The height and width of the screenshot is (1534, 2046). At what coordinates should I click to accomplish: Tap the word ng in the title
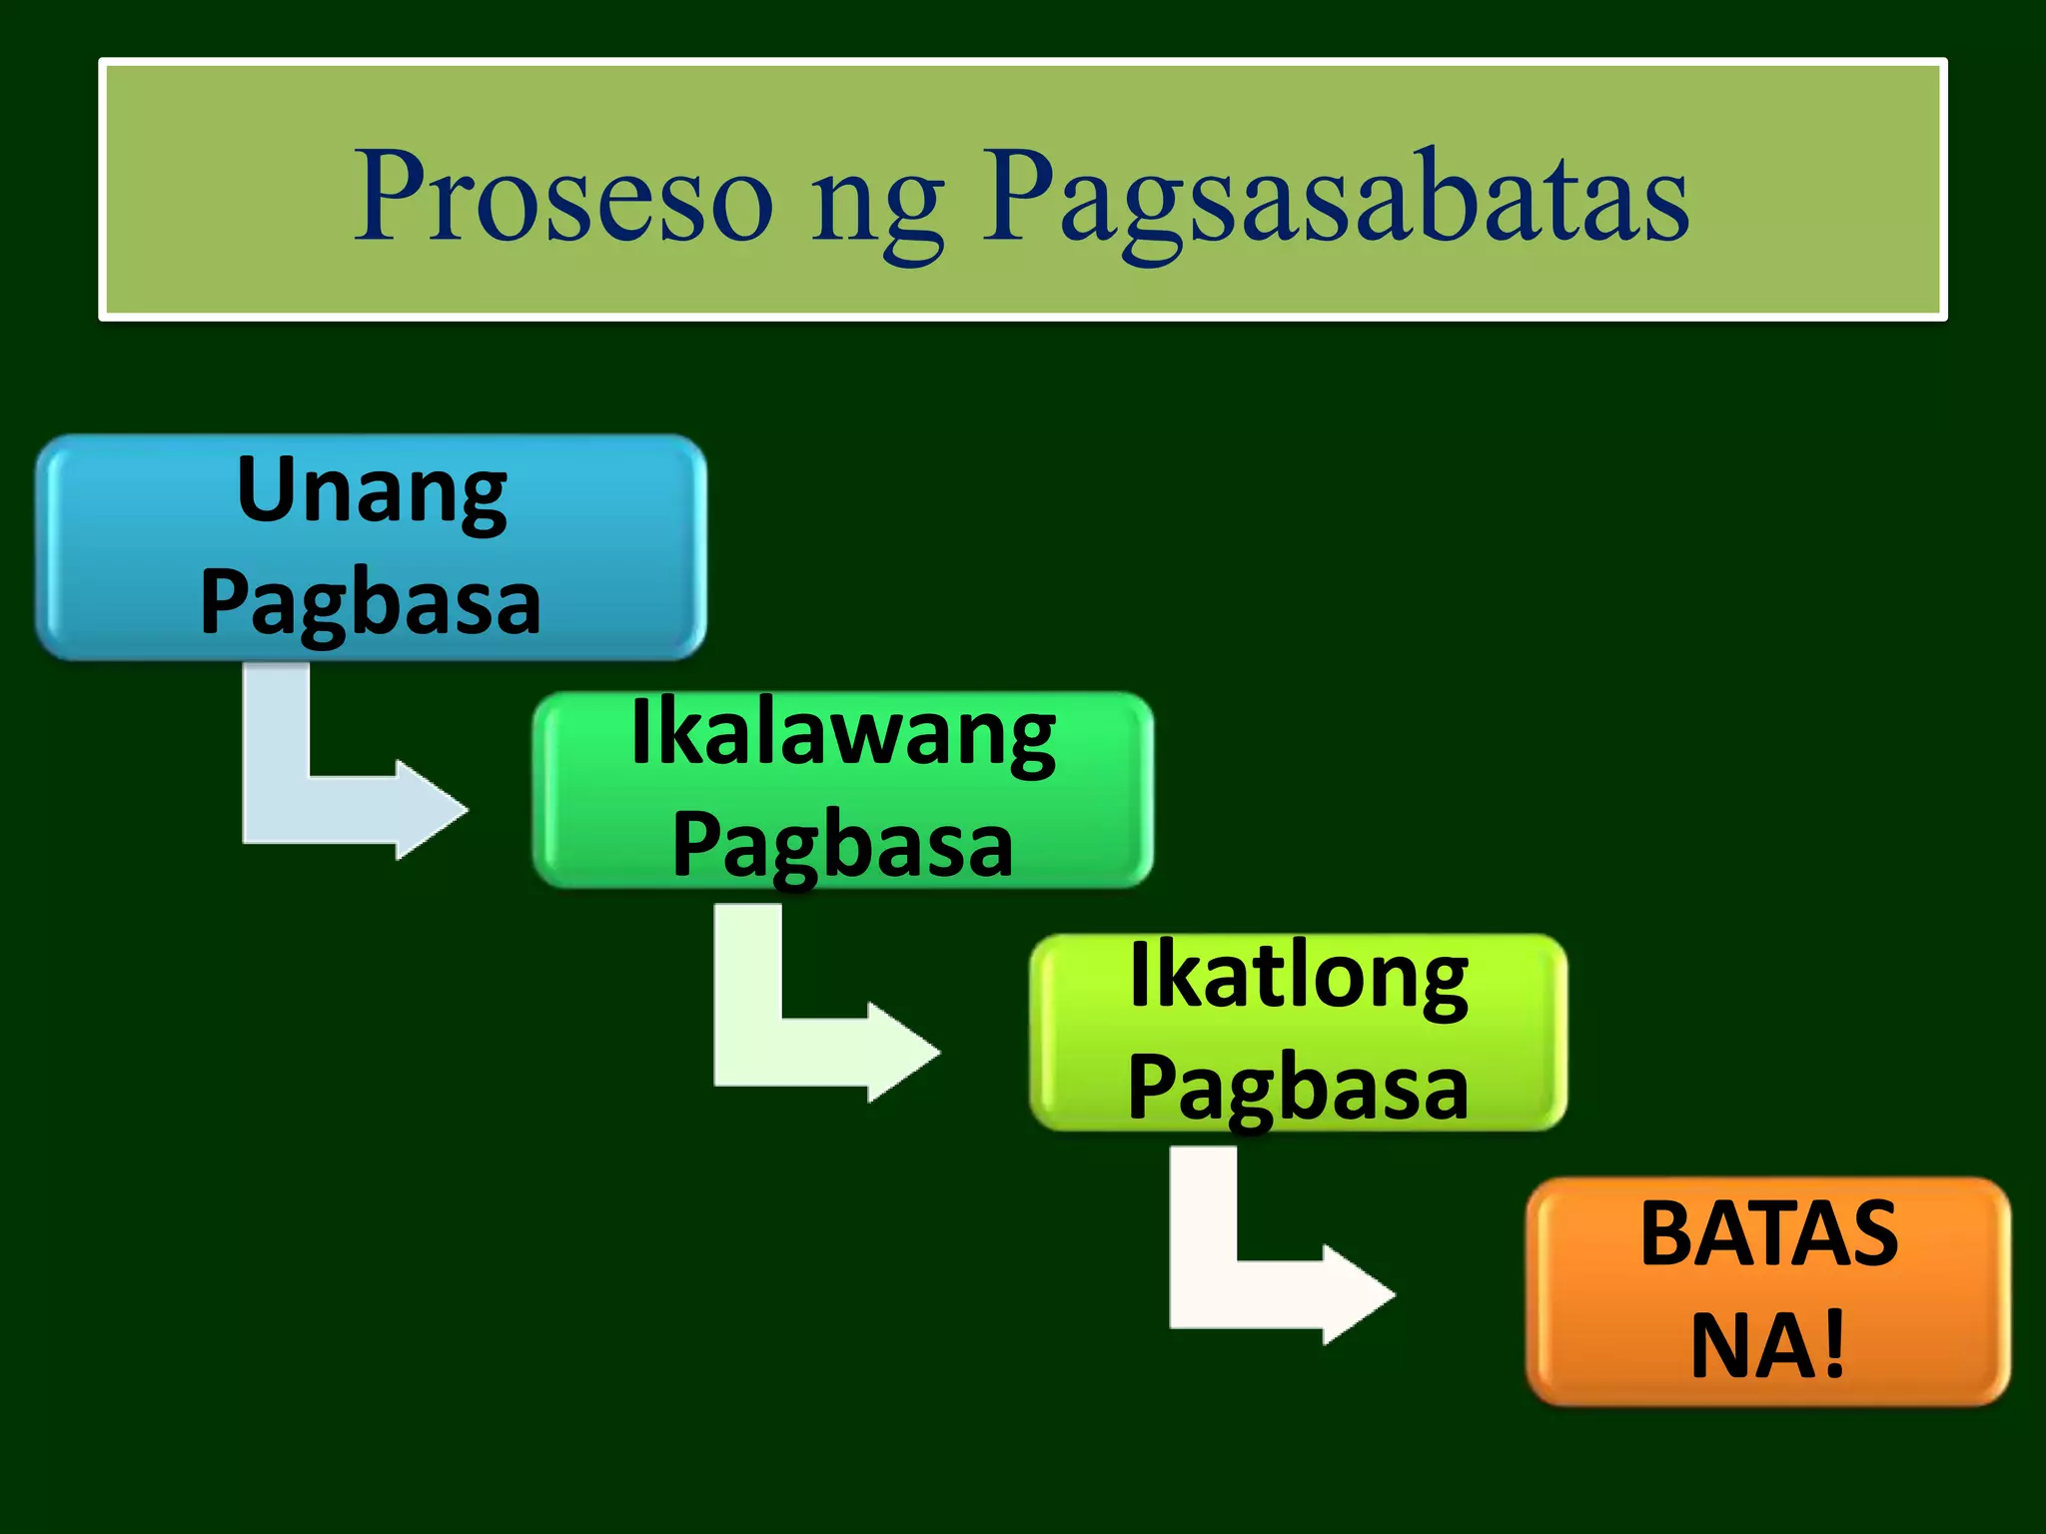(877, 205)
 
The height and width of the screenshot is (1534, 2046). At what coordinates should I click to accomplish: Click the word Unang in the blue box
(372, 491)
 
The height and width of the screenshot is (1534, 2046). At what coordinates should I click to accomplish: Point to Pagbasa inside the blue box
(371, 602)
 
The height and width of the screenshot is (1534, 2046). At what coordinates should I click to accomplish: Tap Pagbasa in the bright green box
(843, 845)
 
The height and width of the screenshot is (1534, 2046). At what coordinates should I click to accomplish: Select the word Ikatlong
(1298, 978)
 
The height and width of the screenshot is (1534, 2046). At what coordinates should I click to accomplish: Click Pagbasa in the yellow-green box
(1298, 1089)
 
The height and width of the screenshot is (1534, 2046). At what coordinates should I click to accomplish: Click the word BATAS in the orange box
(1769, 1234)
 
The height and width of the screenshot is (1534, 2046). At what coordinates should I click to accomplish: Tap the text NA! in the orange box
(1767, 1346)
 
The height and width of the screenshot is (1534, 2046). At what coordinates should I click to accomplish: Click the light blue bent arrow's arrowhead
(430, 809)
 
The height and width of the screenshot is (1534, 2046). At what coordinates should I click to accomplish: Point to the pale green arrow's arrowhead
(902, 1052)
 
